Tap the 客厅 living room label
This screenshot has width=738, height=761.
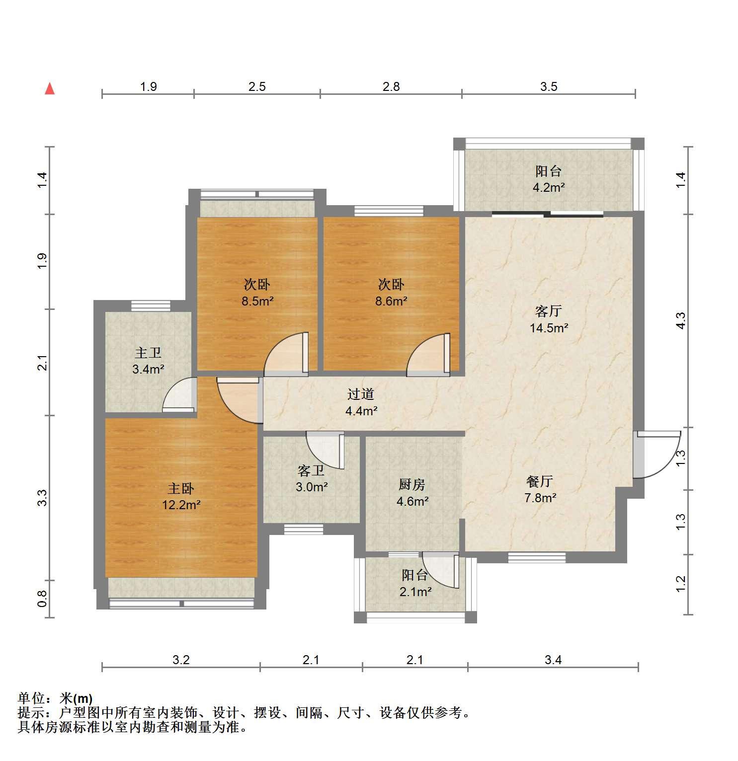(548, 311)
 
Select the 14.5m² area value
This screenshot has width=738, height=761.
(549, 328)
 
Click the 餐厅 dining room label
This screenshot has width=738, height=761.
(540, 481)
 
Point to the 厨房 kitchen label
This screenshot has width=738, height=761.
(412, 484)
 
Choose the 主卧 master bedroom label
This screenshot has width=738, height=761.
(181, 488)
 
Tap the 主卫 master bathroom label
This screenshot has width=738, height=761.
(148, 353)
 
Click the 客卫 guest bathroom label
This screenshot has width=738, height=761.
(311, 470)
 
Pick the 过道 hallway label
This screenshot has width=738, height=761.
(361, 394)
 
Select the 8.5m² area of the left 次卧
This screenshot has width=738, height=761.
(257, 301)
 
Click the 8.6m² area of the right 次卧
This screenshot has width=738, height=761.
(391, 301)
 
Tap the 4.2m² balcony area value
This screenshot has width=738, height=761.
(549, 188)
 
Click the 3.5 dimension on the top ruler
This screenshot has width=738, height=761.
(549, 87)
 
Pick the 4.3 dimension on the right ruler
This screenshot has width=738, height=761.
(681, 320)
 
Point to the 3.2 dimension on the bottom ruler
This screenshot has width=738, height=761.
(181, 660)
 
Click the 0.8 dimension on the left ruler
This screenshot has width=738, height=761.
(42, 598)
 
